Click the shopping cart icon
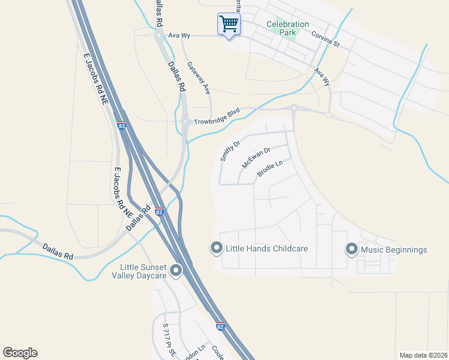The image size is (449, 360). (228, 25)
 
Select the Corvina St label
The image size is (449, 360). (325, 40)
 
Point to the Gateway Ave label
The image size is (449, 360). (198, 78)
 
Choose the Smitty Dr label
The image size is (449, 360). (230, 151)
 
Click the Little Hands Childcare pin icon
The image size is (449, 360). (216, 248)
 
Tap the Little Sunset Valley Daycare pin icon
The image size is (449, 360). (176, 271)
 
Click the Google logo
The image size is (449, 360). (20, 353)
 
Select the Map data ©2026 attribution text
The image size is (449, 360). (423, 355)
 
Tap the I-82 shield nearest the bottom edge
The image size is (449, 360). (221, 328)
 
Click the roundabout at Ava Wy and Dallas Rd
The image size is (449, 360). (159, 36)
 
